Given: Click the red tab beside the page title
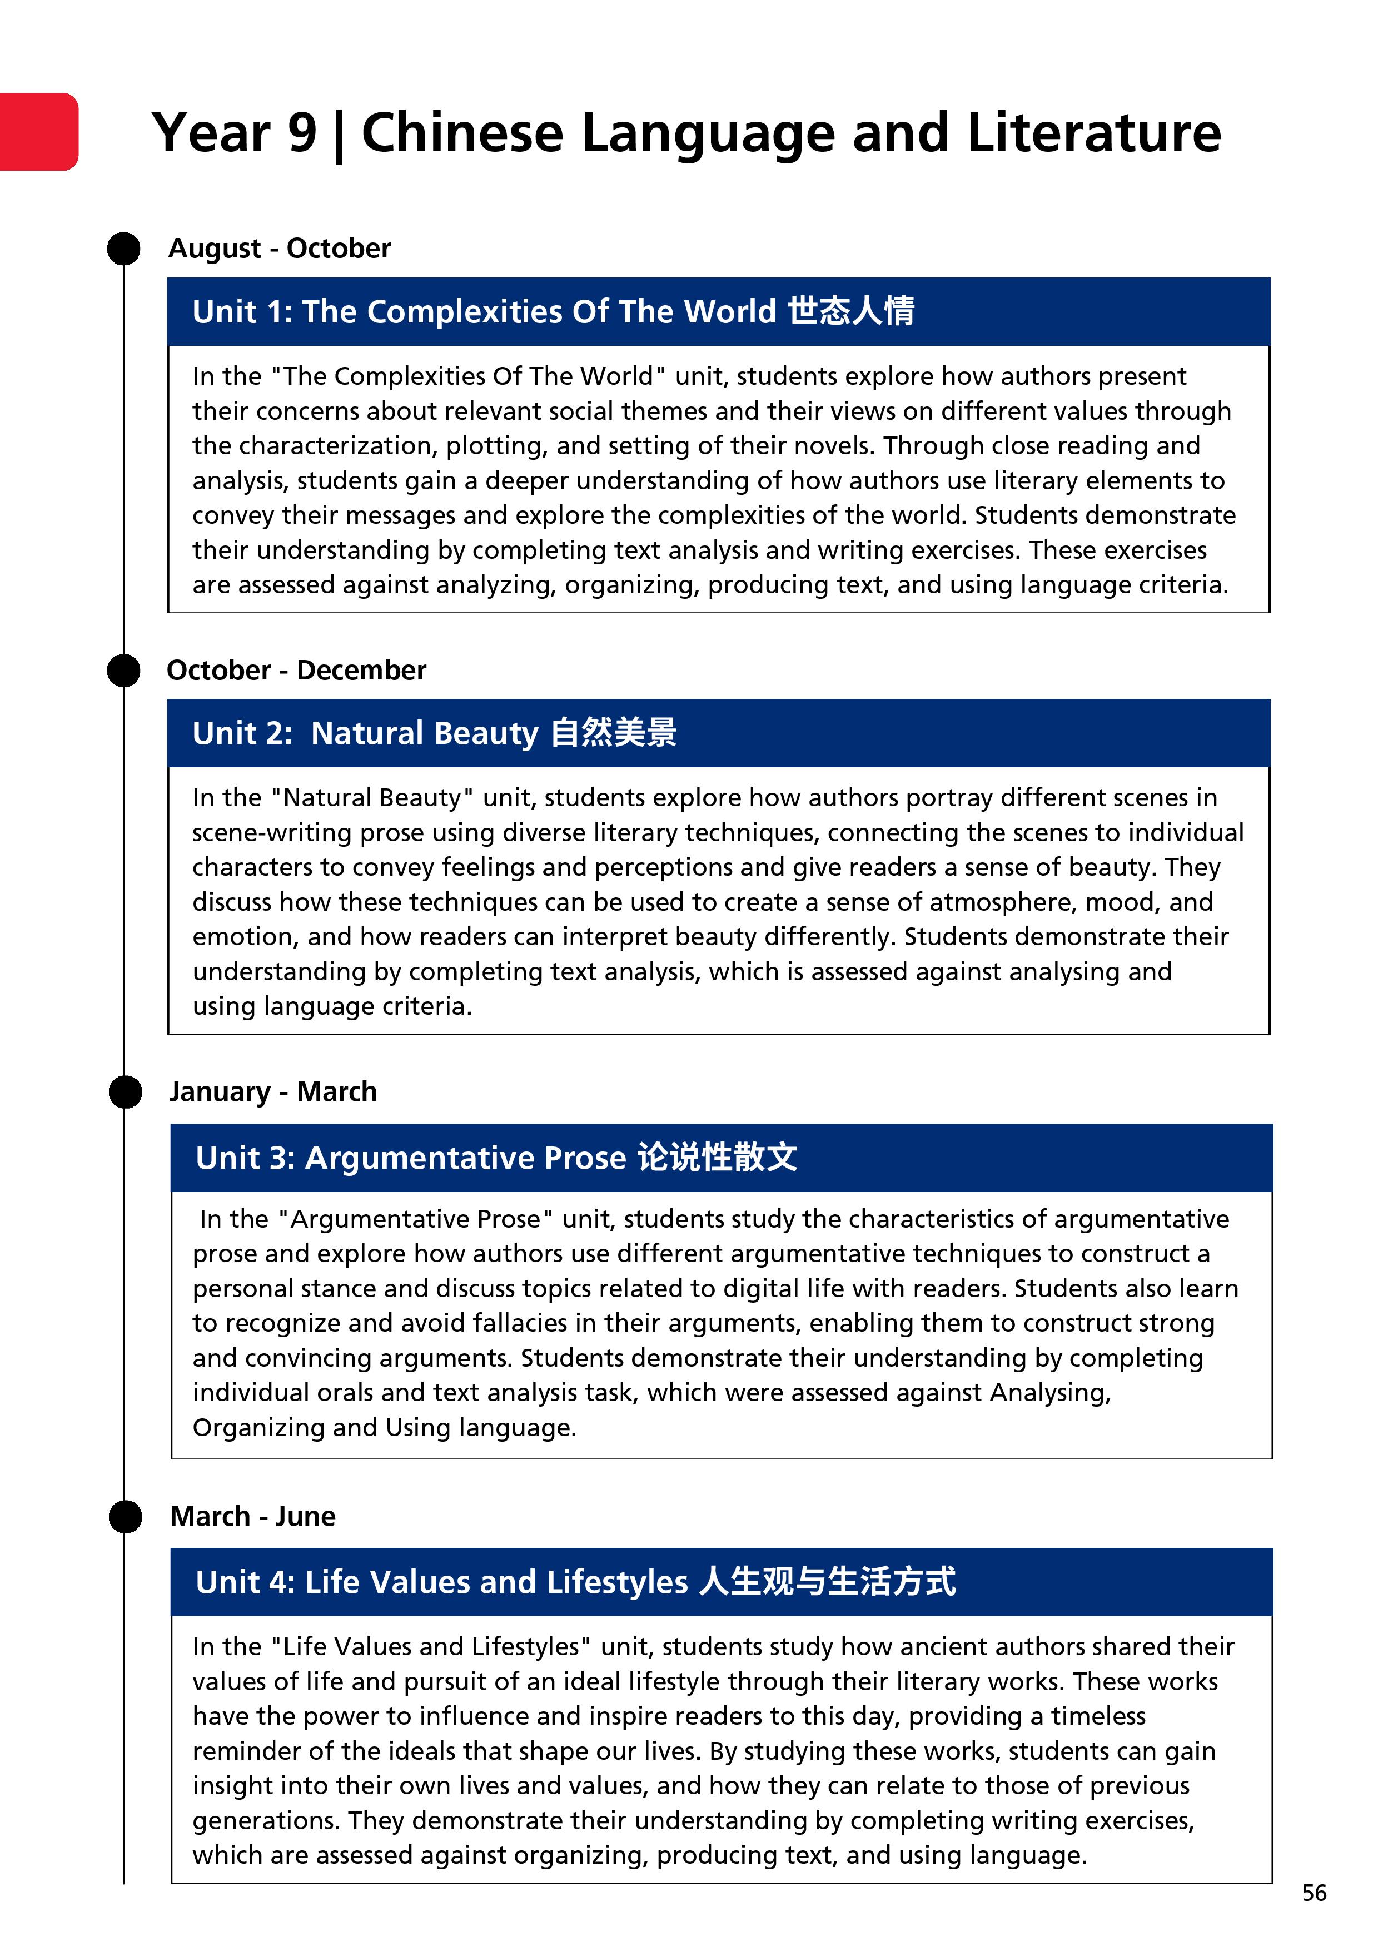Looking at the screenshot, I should (x=38, y=132).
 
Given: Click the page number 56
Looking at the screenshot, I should (x=1314, y=1893).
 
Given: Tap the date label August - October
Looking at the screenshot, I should (x=280, y=248).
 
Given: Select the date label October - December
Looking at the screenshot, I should (x=296, y=671).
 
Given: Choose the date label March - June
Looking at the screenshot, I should (x=252, y=1516).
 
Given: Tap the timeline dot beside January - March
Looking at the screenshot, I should (x=125, y=1092).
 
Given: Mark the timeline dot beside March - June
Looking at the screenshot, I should (x=125, y=1517).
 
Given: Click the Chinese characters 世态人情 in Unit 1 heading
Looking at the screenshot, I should (x=850, y=311).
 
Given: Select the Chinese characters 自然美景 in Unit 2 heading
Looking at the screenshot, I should (x=613, y=732).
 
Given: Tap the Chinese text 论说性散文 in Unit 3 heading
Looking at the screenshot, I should (x=717, y=1158).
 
